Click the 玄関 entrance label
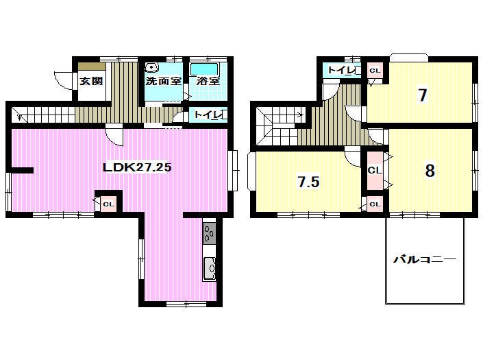click(91, 81)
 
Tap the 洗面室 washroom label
click(163, 81)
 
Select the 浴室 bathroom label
click(208, 81)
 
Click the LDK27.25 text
click(137, 167)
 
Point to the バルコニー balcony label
click(424, 259)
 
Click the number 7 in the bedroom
click(422, 95)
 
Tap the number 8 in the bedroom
click(430, 170)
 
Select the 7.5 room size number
click(308, 182)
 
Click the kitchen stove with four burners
click(210, 234)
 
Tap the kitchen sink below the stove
click(210, 268)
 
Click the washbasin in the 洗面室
click(151, 68)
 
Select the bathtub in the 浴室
click(204, 69)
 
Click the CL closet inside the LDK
click(108, 204)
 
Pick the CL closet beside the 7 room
click(375, 71)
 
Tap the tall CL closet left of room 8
click(375, 171)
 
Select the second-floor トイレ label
click(341, 70)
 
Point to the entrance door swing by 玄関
click(64, 81)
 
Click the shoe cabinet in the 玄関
click(92, 67)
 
